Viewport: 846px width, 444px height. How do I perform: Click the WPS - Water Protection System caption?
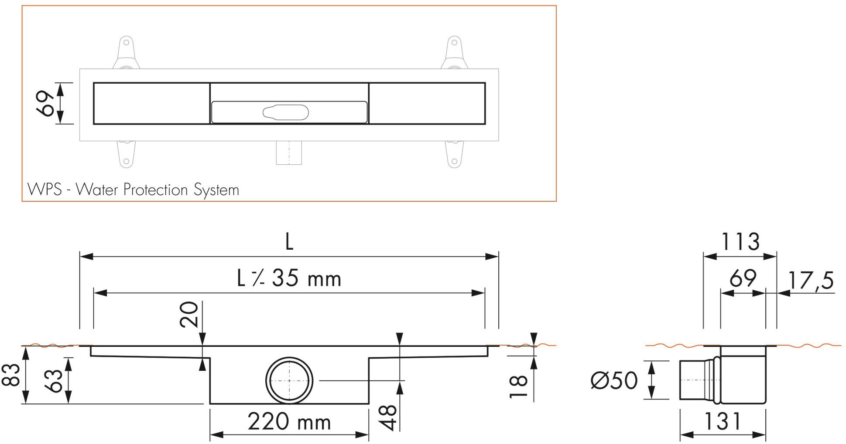(x=133, y=190)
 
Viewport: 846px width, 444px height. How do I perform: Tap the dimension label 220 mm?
(x=289, y=422)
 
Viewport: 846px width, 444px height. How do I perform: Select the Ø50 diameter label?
(x=613, y=380)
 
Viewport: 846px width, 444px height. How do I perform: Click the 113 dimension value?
(x=740, y=242)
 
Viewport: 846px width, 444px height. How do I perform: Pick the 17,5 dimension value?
(x=811, y=281)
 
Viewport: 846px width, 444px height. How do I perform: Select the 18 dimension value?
(x=519, y=386)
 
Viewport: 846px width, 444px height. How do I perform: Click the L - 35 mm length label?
(x=289, y=278)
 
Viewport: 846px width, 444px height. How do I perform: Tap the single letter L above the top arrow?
(x=289, y=242)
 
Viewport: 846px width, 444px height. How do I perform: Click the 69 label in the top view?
(x=47, y=104)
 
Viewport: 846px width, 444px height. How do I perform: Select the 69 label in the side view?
(x=743, y=278)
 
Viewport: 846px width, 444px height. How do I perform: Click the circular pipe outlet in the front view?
(x=289, y=380)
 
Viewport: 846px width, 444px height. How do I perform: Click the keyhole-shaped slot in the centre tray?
(x=285, y=112)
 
